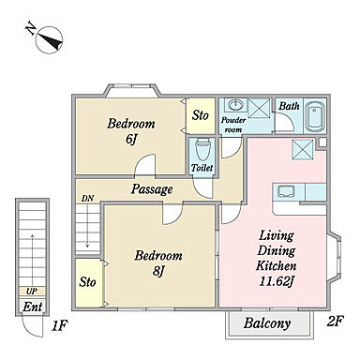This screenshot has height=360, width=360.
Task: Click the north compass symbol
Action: coord(50,40)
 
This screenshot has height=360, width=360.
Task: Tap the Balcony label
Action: coord(267,323)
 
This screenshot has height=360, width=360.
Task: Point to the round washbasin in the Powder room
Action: coord(235,105)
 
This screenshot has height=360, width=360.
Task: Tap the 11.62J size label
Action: coord(277,281)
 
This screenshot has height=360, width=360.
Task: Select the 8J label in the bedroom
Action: coord(158,270)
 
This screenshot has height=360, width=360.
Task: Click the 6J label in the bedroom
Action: coord(131,139)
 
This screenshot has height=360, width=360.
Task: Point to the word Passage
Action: coord(152,189)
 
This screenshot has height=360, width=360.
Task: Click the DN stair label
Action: coord(88,198)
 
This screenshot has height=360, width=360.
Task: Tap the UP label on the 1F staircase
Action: coord(32,292)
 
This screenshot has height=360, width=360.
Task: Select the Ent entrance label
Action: coord(33,307)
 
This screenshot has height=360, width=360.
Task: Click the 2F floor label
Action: coord(336,322)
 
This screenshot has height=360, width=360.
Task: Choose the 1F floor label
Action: coord(59,326)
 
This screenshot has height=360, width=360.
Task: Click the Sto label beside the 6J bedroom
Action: coord(201,115)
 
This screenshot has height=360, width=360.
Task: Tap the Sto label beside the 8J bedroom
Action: coord(87,282)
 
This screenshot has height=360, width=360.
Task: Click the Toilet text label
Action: coord(202,168)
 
